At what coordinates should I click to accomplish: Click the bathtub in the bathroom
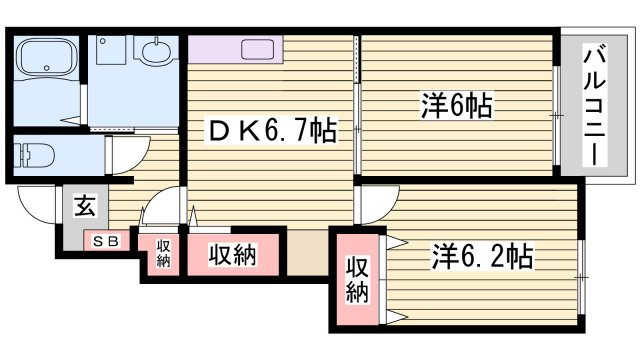coord(46,56)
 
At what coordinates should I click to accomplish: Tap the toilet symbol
coord(34,155)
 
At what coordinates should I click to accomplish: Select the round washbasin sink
coord(156,51)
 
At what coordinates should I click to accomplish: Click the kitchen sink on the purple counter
coord(257,50)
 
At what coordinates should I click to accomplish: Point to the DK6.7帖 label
coord(273,131)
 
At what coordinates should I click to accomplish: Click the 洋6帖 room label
coord(457,105)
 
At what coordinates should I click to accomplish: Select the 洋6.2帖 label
coord(482,256)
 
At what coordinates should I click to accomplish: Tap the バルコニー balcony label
coord(593,107)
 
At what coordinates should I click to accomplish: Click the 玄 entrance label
coord(85,206)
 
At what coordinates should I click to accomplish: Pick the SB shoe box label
coord(106,241)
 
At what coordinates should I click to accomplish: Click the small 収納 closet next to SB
coord(163,253)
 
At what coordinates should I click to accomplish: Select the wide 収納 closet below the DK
coord(233,255)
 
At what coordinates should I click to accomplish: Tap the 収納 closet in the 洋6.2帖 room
coord(357,280)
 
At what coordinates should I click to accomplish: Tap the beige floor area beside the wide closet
coord(307,252)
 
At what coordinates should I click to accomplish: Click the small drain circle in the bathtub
coord(47,68)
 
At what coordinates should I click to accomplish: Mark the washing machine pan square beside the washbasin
coord(111,50)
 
